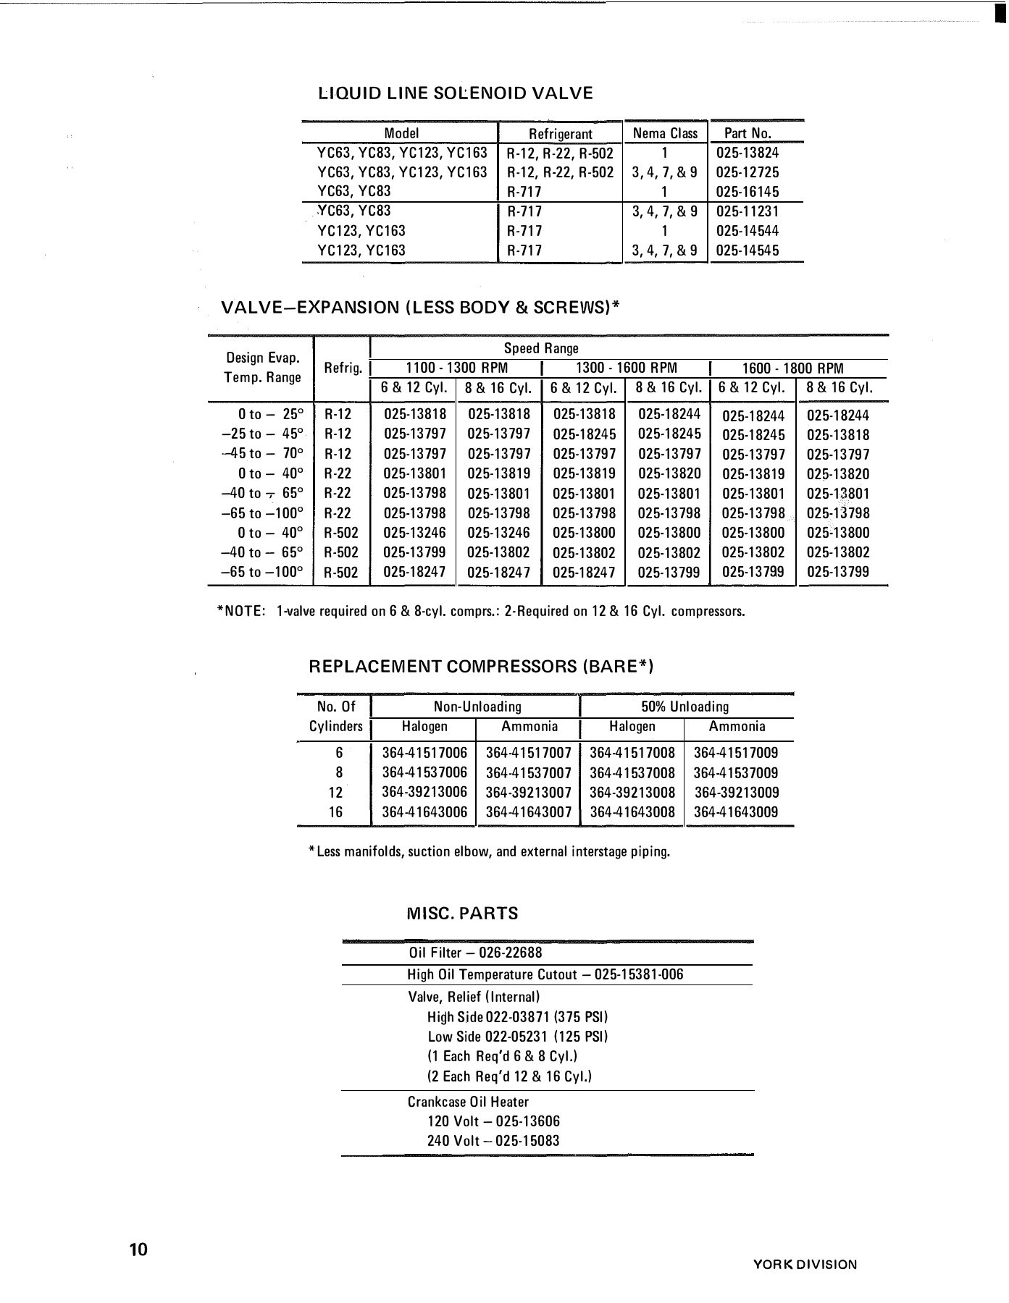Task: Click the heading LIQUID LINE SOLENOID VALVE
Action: (456, 93)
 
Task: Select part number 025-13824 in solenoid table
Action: (747, 153)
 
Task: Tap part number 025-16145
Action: (747, 192)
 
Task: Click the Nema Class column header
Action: (665, 133)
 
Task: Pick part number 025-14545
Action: (747, 250)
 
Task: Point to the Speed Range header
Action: (541, 348)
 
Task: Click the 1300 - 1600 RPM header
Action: (626, 368)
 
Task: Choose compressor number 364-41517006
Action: (424, 753)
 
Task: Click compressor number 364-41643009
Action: (736, 812)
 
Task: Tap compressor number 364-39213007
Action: (528, 793)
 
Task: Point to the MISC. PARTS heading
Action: (462, 914)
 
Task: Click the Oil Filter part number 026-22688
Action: (510, 953)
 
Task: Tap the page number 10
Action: (138, 1250)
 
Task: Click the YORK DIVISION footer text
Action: (805, 1265)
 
